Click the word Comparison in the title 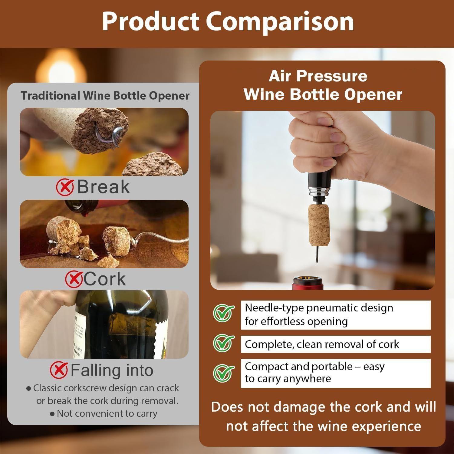pyautogui.click(x=280, y=22)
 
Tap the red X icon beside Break pyautogui.click(x=65, y=187)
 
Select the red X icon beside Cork pyautogui.click(x=74, y=279)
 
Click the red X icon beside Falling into pyautogui.click(x=59, y=370)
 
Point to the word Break pyautogui.click(x=103, y=187)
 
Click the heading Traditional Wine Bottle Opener pyautogui.click(x=105, y=96)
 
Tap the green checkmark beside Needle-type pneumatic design pyautogui.click(x=223, y=313)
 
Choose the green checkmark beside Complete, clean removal pyautogui.click(x=223, y=343)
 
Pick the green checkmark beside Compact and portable pyautogui.click(x=223, y=373)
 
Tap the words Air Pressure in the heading pyautogui.click(x=318, y=76)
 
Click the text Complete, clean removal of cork pyautogui.click(x=322, y=344)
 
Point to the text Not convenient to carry pyautogui.click(x=107, y=413)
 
